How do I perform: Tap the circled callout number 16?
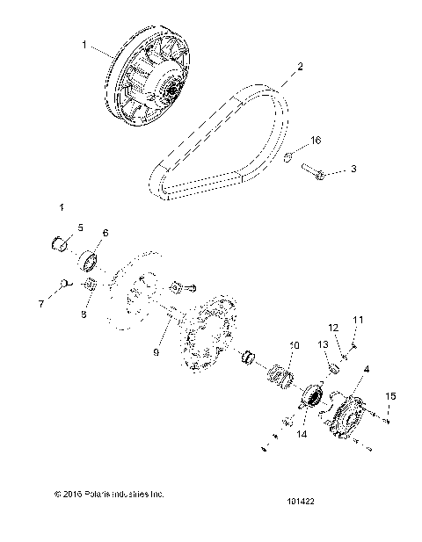point(316,139)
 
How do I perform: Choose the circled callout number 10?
point(295,346)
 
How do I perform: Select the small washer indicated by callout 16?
point(289,157)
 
